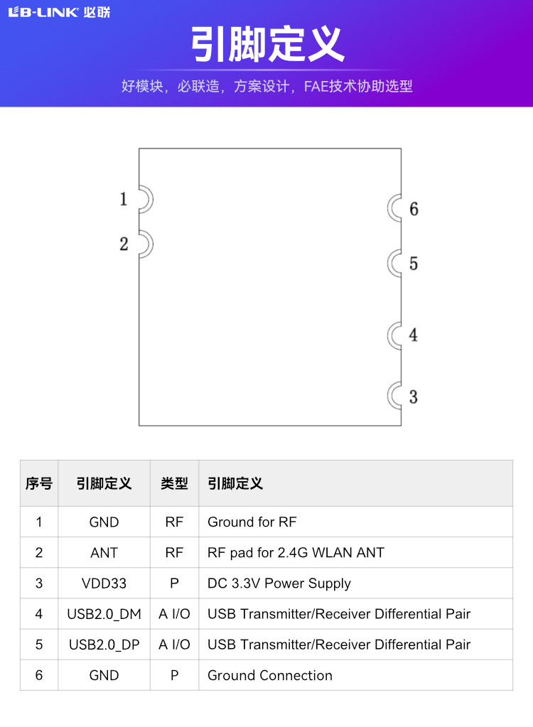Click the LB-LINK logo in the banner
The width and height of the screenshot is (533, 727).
click(58, 12)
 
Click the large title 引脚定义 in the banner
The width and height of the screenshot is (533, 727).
click(266, 44)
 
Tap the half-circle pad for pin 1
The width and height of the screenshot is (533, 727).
click(145, 200)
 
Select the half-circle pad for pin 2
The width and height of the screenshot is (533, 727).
click(145, 244)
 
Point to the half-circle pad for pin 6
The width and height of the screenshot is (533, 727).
click(395, 208)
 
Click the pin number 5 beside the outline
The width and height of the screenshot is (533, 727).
click(414, 264)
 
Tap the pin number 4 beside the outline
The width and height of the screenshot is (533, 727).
click(414, 335)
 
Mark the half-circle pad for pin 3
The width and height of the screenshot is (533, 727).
click(395, 396)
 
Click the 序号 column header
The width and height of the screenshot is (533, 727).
click(39, 484)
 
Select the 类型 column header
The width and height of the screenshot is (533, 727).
click(174, 484)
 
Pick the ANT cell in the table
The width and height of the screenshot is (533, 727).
click(104, 553)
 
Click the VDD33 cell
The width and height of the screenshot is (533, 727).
click(104, 583)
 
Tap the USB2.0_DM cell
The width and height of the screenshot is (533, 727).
click(104, 614)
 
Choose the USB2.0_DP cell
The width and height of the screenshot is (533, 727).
click(104, 645)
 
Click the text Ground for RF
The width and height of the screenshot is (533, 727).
click(252, 522)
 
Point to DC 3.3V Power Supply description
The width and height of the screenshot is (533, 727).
click(279, 583)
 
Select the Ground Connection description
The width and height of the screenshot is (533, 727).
click(269, 675)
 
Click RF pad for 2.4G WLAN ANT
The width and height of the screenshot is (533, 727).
click(296, 553)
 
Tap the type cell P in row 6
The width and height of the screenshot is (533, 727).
click(174, 675)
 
